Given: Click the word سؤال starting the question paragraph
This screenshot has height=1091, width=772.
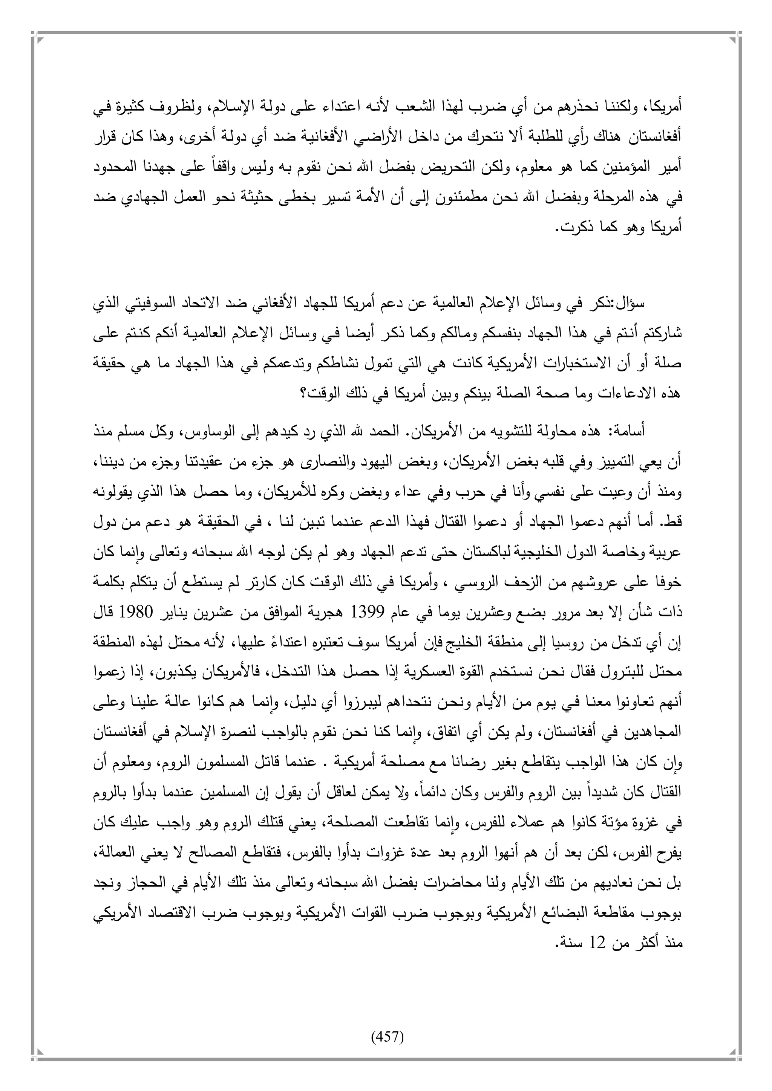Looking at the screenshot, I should coord(632,304).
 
